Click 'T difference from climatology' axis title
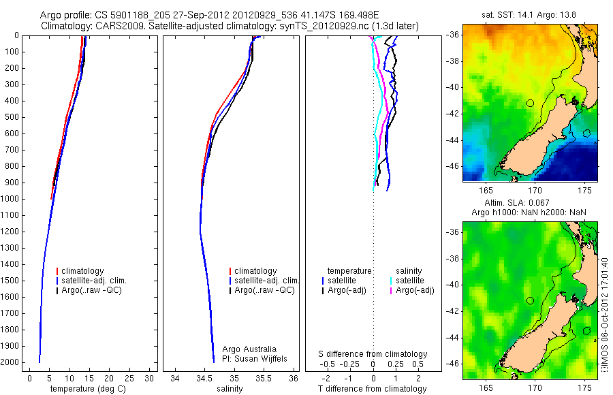click(x=373, y=389)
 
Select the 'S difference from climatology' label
click(x=373, y=354)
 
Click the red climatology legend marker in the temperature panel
click(x=58, y=271)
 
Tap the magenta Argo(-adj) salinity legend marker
click(x=390, y=291)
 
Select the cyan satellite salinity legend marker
click(x=390, y=281)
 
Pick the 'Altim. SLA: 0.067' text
click(x=531, y=204)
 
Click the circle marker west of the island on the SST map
click(x=530, y=103)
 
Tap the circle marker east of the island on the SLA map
click(x=587, y=331)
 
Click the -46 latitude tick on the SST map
click(x=454, y=165)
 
